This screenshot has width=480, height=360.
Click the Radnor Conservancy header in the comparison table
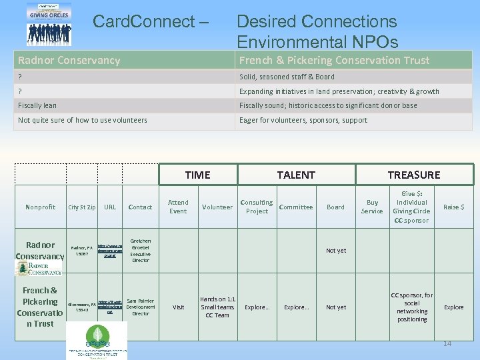click(x=69, y=61)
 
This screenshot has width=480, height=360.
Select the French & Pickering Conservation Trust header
click(x=334, y=61)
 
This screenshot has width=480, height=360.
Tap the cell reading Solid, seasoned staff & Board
click(x=287, y=77)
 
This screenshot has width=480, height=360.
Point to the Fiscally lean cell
click(x=37, y=105)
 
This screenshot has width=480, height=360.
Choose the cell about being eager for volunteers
click(x=303, y=120)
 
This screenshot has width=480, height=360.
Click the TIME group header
click(x=197, y=175)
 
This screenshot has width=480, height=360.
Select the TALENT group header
click(x=296, y=175)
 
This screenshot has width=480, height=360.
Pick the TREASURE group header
click(x=413, y=175)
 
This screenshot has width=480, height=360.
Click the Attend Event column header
click(x=178, y=207)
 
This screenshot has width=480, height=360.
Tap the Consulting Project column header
click(x=257, y=207)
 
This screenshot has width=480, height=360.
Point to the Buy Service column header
click(x=372, y=207)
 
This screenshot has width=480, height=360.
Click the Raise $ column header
click(x=453, y=207)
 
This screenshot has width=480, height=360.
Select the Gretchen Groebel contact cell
click(x=141, y=251)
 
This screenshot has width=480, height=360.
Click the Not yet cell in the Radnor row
click(x=335, y=251)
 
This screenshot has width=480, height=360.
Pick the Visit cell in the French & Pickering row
click(x=178, y=307)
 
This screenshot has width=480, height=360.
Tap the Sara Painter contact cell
click(x=141, y=307)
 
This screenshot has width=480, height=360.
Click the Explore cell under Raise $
click(x=453, y=307)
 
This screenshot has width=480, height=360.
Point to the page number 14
click(x=447, y=343)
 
